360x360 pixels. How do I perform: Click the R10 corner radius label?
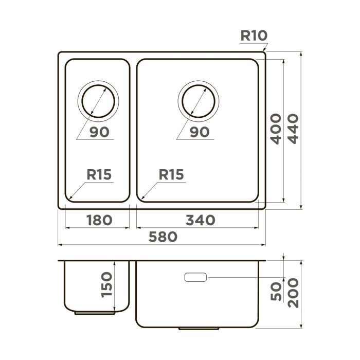click(x=254, y=35)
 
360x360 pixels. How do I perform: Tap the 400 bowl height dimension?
click(x=276, y=129)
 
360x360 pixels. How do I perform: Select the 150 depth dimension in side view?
click(x=106, y=284)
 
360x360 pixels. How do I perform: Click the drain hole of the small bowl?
click(x=98, y=99)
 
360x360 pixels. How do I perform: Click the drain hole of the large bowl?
click(x=199, y=99)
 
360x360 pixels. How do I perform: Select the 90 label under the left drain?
click(x=99, y=132)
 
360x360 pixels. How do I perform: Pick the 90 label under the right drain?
click(x=199, y=132)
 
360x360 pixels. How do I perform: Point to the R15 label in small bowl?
click(x=99, y=174)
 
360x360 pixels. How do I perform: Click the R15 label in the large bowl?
click(x=171, y=174)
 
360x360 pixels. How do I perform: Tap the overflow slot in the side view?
click(x=195, y=278)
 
